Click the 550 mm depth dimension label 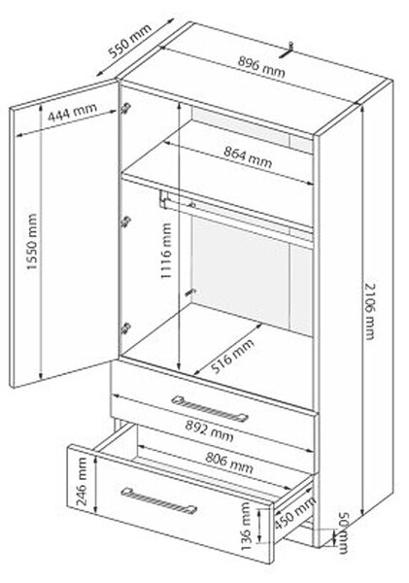(130, 41)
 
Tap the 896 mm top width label (261, 67)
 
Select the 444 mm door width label (73, 112)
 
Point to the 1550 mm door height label (32, 242)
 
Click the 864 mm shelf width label (248, 156)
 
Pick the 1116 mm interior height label (165, 251)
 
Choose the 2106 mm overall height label (369, 311)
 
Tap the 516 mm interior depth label (232, 356)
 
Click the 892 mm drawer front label (209, 431)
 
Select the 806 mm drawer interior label (229, 463)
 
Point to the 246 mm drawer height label (82, 482)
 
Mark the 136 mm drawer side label (246, 527)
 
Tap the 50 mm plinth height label (343, 533)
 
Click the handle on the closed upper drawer (210, 409)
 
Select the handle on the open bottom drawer (158, 500)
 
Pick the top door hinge (125, 108)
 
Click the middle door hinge (125, 222)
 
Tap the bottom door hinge (125, 327)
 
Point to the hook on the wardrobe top (287, 51)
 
